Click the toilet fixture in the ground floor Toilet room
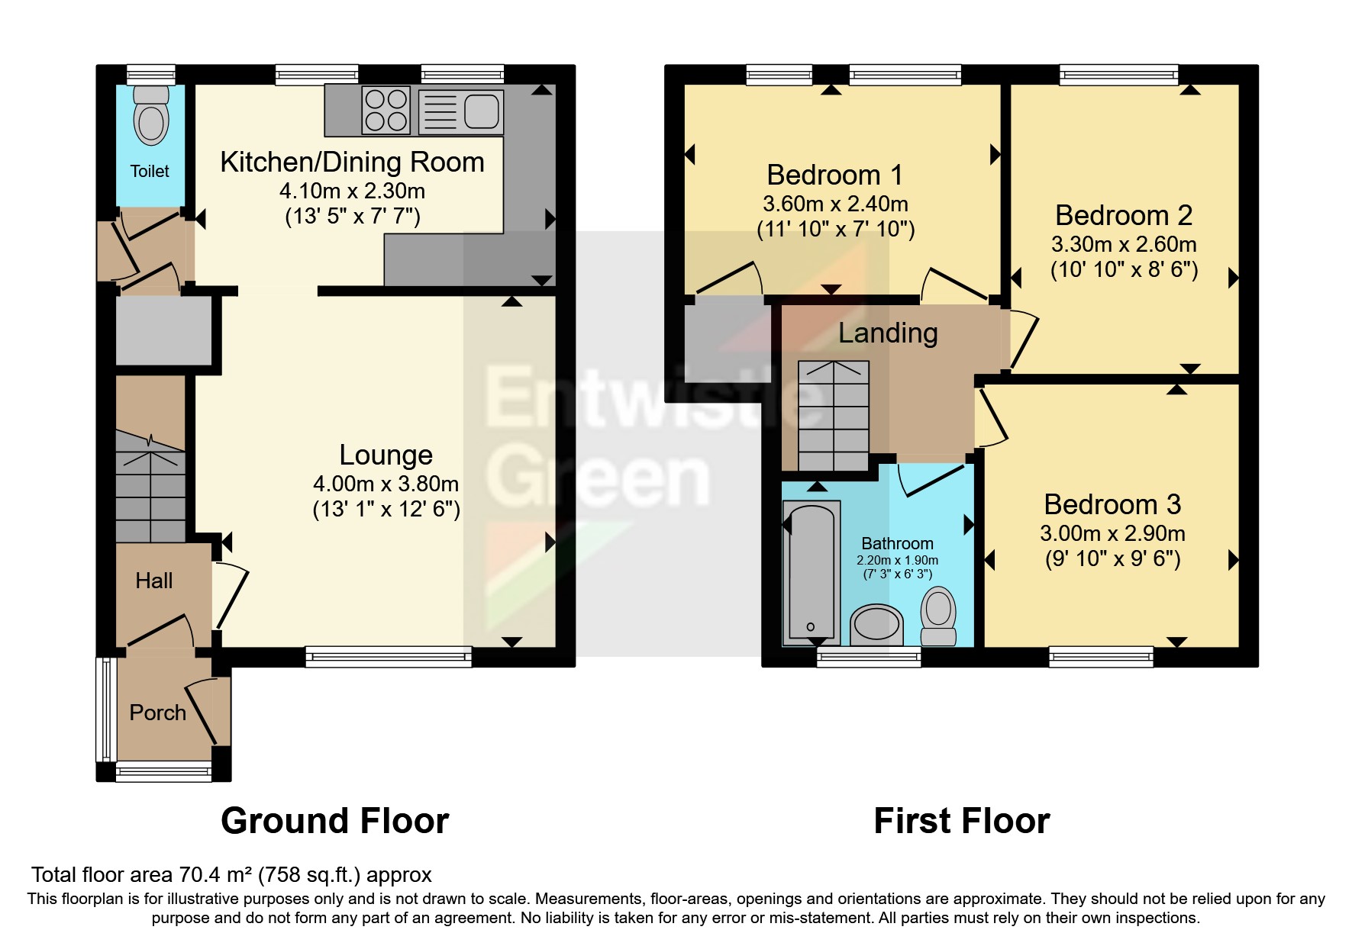pyautogui.click(x=150, y=117)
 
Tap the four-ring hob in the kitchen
pyautogui.click(x=386, y=111)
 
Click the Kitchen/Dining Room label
pyautogui.click(x=352, y=162)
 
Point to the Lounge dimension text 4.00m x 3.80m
pyautogui.click(x=386, y=484)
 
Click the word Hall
pyautogui.click(x=153, y=581)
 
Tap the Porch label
pyautogui.click(x=157, y=713)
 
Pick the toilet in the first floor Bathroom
pyautogui.click(x=938, y=616)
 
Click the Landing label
pyautogui.click(x=887, y=333)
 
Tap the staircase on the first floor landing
pyautogui.click(x=833, y=416)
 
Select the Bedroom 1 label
pyautogui.click(x=834, y=175)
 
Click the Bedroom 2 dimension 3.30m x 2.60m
pyautogui.click(x=1123, y=244)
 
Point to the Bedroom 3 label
pyautogui.click(x=1112, y=505)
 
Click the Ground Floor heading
pyautogui.click(x=334, y=821)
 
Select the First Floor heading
pyautogui.click(x=961, y=821)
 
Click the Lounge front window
pyautogui.click(x=388, y=656)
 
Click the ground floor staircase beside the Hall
pyautogui.click(x=150, y=488)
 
